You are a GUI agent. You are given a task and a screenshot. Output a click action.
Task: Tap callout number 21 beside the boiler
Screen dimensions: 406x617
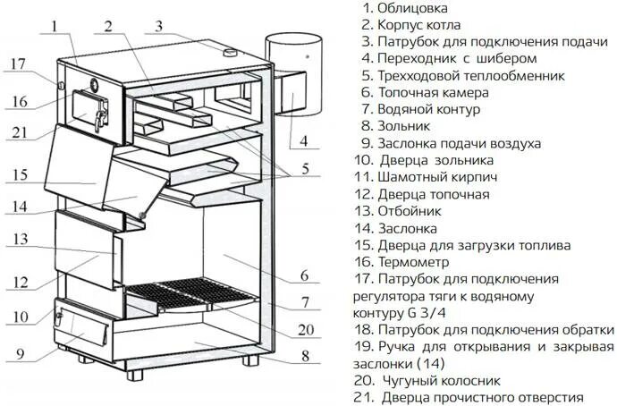tap(20, 133)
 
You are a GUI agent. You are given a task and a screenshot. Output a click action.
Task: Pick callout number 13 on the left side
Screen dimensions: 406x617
tap(20, 239)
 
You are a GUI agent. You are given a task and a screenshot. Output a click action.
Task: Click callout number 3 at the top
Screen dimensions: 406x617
tap(158, 25)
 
